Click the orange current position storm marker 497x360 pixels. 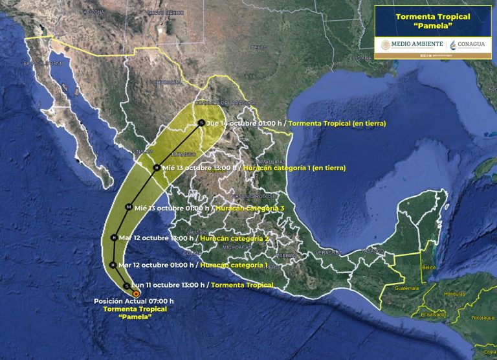tap(136, 293)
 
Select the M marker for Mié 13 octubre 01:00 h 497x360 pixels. tap(129, 207)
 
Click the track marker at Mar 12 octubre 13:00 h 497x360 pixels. tap(114, 238)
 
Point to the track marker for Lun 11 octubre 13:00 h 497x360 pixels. tap(126, 285)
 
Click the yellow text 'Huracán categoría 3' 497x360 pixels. tap(250, 208)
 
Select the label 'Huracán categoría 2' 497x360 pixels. tap(234, 238)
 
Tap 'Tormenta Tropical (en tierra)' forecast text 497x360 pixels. tap(337, 123)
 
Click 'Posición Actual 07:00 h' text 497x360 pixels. tap(134, 301)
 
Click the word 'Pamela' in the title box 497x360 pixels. tap(432, 28)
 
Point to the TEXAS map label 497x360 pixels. tap(258, 47)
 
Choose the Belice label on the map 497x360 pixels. tap(428, 267)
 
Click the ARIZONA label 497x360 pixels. tap(93, 12)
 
